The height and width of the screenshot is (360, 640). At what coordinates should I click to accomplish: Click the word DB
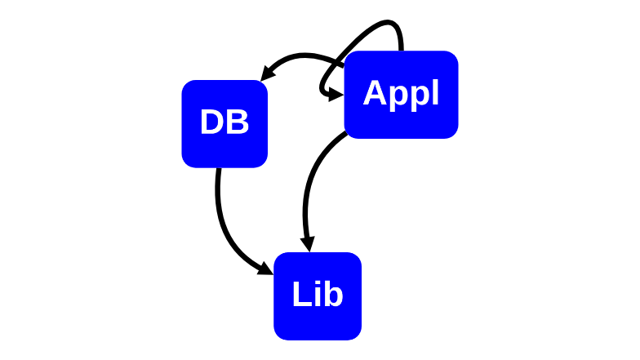click(x=224, y=122)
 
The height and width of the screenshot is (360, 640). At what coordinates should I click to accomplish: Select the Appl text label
click(x=401, y=95)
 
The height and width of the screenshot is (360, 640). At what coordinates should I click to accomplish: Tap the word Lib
click(x=318, y=294)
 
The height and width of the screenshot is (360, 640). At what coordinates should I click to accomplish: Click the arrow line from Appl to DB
click(x=302, y=56)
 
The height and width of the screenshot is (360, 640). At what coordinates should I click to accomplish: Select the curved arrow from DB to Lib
click(x=227, y=233)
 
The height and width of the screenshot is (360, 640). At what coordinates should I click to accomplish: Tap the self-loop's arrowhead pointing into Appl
click(x=336, y=95)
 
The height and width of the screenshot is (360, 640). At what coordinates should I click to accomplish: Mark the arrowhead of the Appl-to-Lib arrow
click(x=309, y=243)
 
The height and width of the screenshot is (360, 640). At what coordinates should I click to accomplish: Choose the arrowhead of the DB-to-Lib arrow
click(x=265, y=269)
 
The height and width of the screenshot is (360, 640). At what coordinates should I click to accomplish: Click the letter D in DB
click(x=212, y=122)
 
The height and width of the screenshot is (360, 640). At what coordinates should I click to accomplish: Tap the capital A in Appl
click(x=376, y=93)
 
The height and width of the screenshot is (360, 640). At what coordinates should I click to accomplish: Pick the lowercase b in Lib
click(x=333, y=294)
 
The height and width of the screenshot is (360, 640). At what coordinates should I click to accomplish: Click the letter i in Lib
click(x=317, y=294)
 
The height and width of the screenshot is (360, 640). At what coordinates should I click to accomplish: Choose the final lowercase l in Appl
click(x=436, y=92)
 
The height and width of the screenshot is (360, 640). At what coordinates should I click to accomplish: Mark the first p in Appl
click(x=398, y=98)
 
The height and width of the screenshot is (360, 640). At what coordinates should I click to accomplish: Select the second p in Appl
click(x=420, y=98)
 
